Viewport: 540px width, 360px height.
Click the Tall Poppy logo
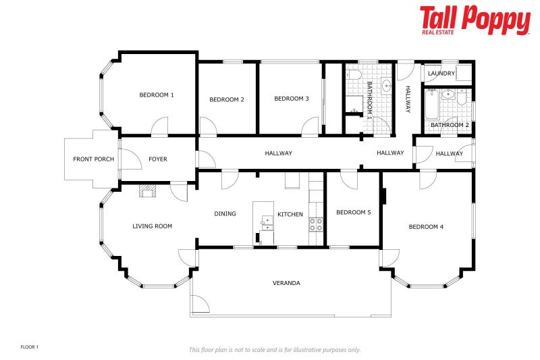[475, 20]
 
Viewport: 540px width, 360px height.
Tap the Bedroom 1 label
[157, 95]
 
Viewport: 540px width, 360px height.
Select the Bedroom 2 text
[227, 99]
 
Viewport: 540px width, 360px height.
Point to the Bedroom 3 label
[292, 99]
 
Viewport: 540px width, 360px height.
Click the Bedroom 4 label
[426, 227]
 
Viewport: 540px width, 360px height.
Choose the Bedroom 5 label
[354, 212]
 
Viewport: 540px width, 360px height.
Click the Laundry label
[441, 74]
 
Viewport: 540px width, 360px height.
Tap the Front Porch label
[93, 159]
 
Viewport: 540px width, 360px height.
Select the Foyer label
[158, 159]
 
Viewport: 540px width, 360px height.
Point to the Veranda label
[286, 283]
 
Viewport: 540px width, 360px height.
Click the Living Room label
[153, 226]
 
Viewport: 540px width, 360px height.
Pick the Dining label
[225, 214]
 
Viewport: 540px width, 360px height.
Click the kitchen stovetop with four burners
[316, 224]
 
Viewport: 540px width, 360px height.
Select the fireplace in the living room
[147, 191]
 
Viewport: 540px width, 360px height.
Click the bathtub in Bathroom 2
[431, 104]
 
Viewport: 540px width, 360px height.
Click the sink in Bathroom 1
[386, 84]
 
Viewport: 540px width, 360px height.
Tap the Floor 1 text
[29, 347]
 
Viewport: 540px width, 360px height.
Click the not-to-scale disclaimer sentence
[275, 350]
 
